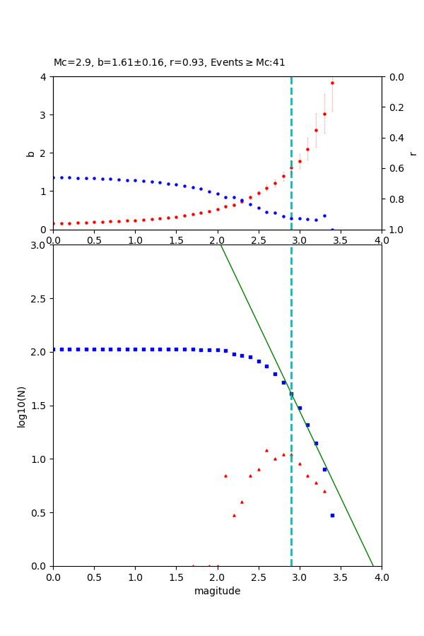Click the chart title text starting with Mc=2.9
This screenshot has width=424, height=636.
170,63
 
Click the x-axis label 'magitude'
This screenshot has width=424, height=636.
217,591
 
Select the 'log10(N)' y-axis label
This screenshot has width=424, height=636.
21,406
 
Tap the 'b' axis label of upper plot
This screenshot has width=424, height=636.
30,153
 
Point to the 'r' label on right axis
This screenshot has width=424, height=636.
413,153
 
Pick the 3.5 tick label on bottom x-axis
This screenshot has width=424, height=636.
341,577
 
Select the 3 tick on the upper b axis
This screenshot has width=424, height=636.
44,114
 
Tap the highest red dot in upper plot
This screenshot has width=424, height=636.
332,83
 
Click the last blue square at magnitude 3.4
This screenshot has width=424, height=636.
332,515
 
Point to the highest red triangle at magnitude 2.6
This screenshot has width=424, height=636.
266,450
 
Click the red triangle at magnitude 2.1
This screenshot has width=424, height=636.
225,476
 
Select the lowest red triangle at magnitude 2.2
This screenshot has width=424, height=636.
234,515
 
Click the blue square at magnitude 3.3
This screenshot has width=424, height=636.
324,469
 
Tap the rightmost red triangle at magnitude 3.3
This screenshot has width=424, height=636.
324,491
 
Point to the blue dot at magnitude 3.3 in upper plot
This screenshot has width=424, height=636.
324,216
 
